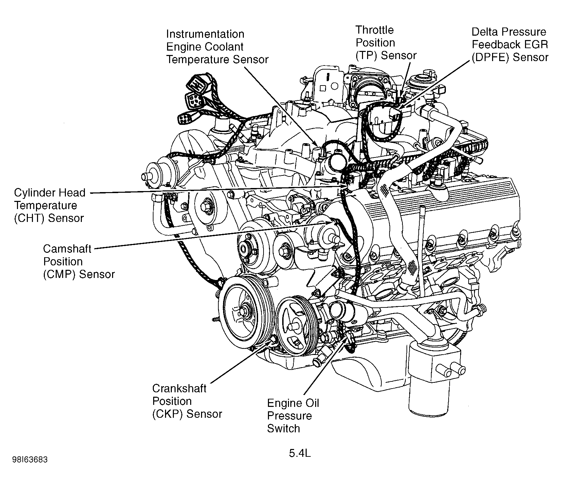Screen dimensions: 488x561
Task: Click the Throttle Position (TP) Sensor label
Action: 386,43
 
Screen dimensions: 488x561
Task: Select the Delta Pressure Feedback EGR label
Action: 510,44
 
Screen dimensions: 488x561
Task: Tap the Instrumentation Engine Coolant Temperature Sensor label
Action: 217,47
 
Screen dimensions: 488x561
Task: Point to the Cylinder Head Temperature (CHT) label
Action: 50,205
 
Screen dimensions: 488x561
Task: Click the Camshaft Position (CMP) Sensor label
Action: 79,261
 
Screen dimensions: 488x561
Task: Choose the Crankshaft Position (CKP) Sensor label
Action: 187,401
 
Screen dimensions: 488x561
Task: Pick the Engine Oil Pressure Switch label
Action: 293,416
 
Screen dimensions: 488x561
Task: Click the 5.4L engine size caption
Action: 300,453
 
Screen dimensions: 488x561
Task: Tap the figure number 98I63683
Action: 30,460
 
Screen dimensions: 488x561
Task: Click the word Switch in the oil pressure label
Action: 283,429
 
